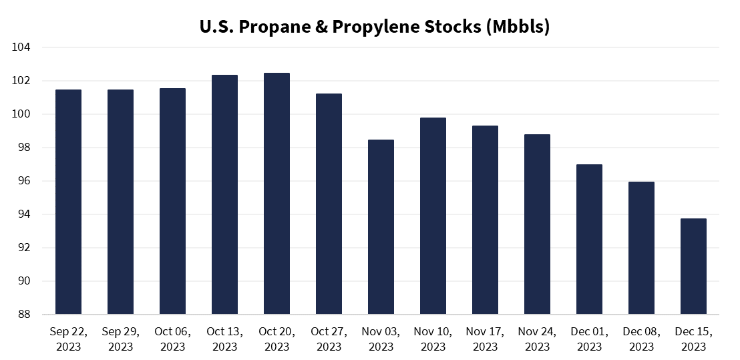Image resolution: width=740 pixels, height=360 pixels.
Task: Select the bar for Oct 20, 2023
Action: pyautogui.click(x=276, y=194)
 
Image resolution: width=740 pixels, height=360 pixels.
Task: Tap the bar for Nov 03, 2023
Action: pyautogui.click(x=381, y=227)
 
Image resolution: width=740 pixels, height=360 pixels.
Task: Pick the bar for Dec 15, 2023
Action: pyautogui.click(x=693, y=266)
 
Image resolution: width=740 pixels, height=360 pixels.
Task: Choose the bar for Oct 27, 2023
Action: pyautogui.click(x=329, y=204)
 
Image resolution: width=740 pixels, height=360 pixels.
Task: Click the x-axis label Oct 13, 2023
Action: pyautogui.click(x=224, y=339)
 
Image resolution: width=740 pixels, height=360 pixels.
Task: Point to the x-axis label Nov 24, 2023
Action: pyautogui.click(x=537, y=339)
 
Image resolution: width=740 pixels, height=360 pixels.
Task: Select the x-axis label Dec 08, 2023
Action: pyautogui.click(x=641, y=339)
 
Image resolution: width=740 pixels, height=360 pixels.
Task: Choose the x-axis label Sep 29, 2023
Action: pyautogui.click(x=120, y=339)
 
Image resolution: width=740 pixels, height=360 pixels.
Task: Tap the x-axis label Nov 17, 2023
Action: pyautogui.click(x=485, y=339)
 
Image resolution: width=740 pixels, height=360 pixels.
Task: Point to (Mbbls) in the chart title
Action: pyautogui.click(x=518, y=27)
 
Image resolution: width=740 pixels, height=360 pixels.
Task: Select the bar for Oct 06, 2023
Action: pyautogui.click(x=172, y=201)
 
